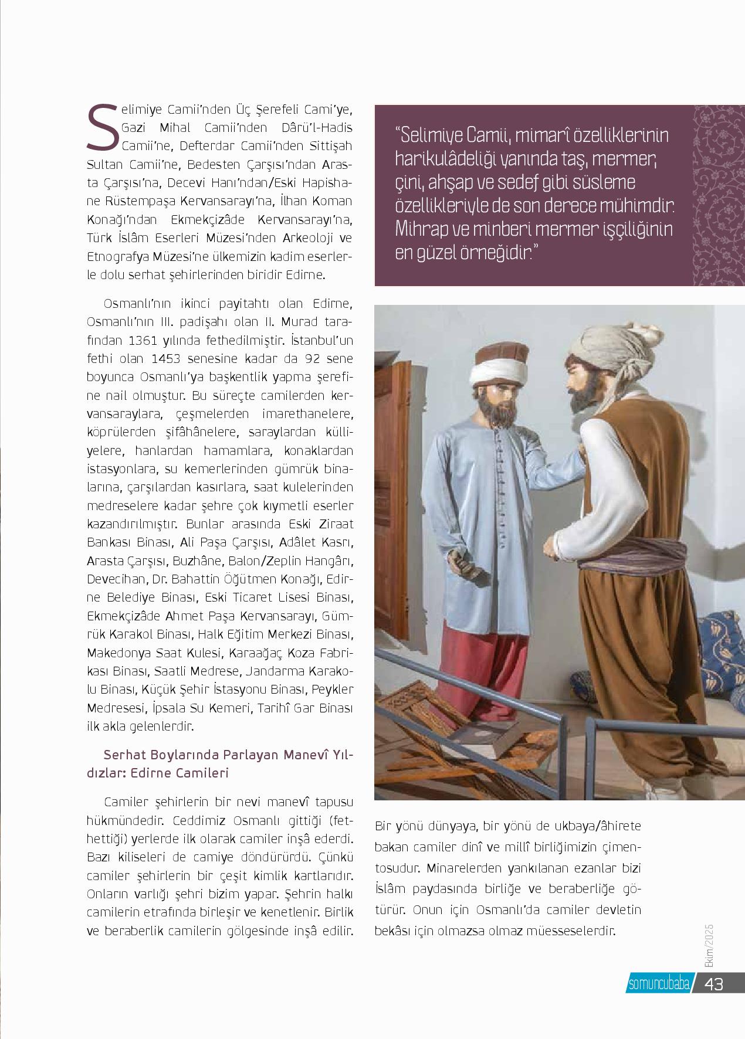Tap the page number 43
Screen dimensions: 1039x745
[715, 984]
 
